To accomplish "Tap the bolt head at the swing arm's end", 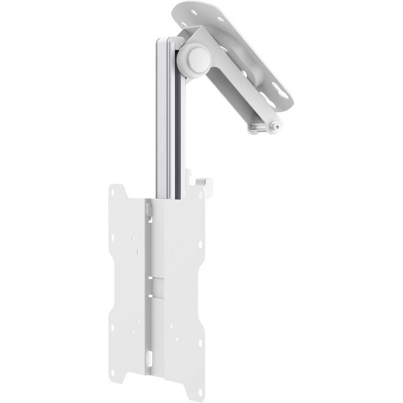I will [277, 127].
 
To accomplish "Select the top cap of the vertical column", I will [169, 40].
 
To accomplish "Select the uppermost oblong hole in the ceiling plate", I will [193, 12].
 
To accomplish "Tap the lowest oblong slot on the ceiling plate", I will [282, 93].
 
